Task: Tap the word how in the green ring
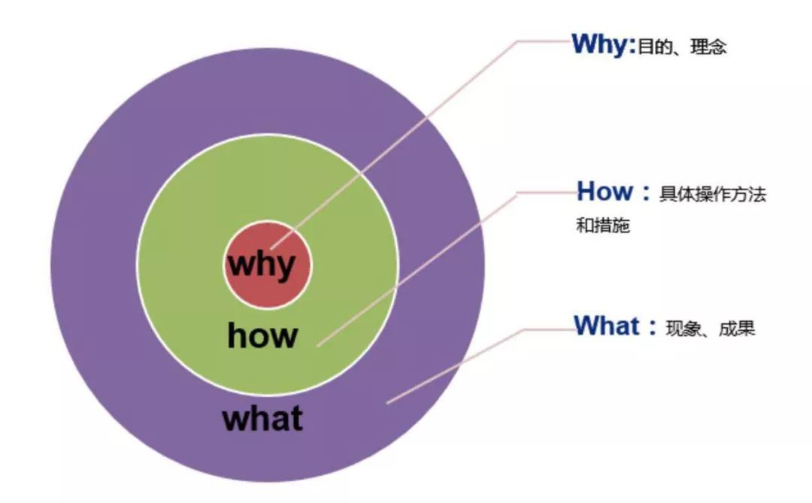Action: point(262,335)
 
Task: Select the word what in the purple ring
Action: point(262,418)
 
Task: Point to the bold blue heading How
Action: point(604,192)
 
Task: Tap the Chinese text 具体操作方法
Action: point(712,195)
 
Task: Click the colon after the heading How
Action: point(645,194)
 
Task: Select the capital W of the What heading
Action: point(587,326)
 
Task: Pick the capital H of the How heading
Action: point(587,192)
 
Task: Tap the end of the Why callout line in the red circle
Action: point(272,246)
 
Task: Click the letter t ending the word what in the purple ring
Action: point(296,418)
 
